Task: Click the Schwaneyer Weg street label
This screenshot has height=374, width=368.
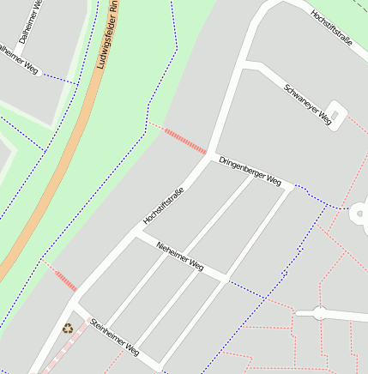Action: pyautogui.click(x=307, y=106)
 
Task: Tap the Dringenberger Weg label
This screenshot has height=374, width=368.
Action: pyautogui.click(x=250, y=171)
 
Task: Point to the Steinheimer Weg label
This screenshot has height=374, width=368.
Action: pyautogui.click(x=114, y=337)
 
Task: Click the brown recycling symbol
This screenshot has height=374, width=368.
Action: pyautogui.click(x=67, y=327)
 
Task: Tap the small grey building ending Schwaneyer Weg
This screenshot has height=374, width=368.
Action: pyautogui.click(x=336, y=112)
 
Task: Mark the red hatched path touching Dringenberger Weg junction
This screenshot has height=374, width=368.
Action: pyautogui.click(x=184, y=141)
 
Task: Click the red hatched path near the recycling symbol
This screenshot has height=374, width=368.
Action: pyautogui.click(x=64, y=279)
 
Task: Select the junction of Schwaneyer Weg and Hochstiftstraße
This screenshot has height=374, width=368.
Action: pyautogui.click(x=243, y=63)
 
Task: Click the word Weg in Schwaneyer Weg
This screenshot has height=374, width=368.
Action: pyautogui.click(x=325, y=120)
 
